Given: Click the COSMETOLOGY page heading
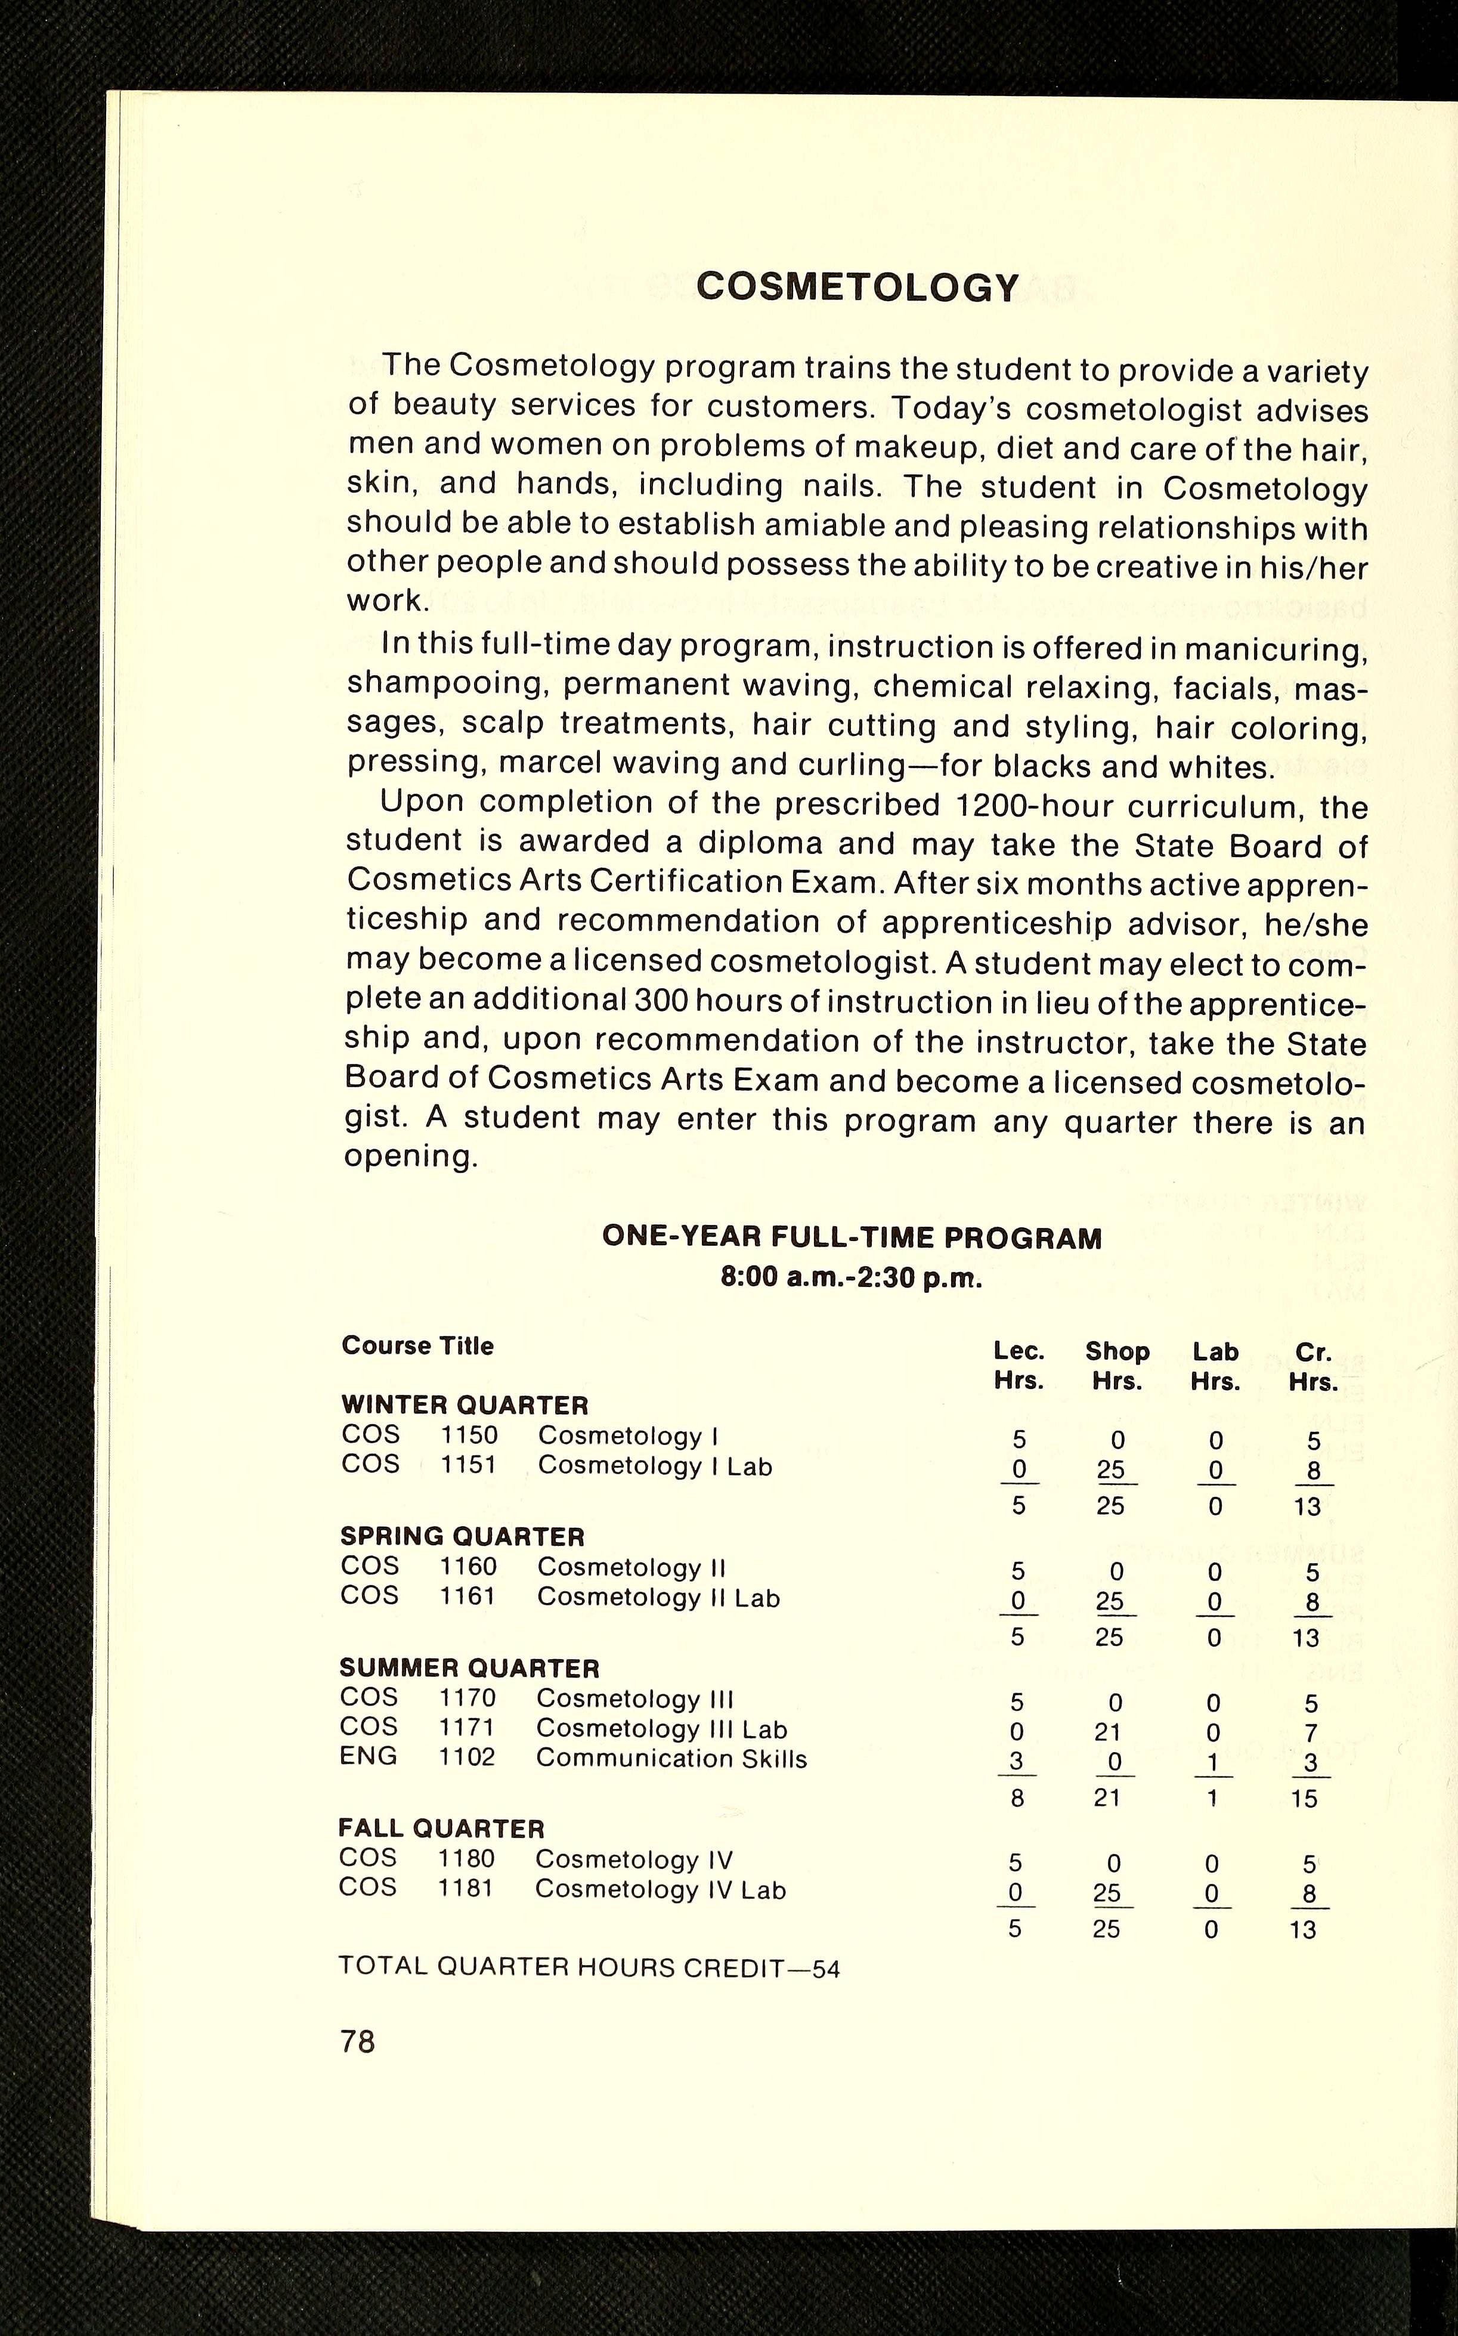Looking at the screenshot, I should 858,287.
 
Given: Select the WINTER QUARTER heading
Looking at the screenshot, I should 464,1404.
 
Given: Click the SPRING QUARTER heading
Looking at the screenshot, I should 462,1536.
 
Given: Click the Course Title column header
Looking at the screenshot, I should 417,1346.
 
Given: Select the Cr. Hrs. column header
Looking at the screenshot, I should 1313,1367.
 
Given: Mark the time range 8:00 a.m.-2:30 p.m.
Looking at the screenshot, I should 852,1279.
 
